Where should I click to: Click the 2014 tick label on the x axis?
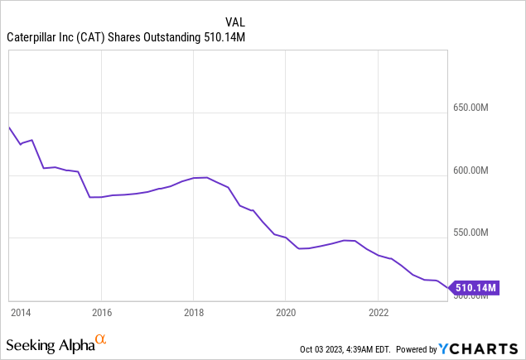[x=20, y=312]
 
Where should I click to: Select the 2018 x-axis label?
[x=193, y=312]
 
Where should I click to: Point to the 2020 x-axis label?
[x=285, y=312]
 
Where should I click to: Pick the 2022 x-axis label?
[x=378, y=312]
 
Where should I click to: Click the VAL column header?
[x=235, y=21]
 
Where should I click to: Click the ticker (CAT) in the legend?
[x=96, y=36]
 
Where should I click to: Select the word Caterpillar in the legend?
[x=34, y=36]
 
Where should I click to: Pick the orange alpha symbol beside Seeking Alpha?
[x=101, y=339]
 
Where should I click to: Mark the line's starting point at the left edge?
[x=8, y=127]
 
